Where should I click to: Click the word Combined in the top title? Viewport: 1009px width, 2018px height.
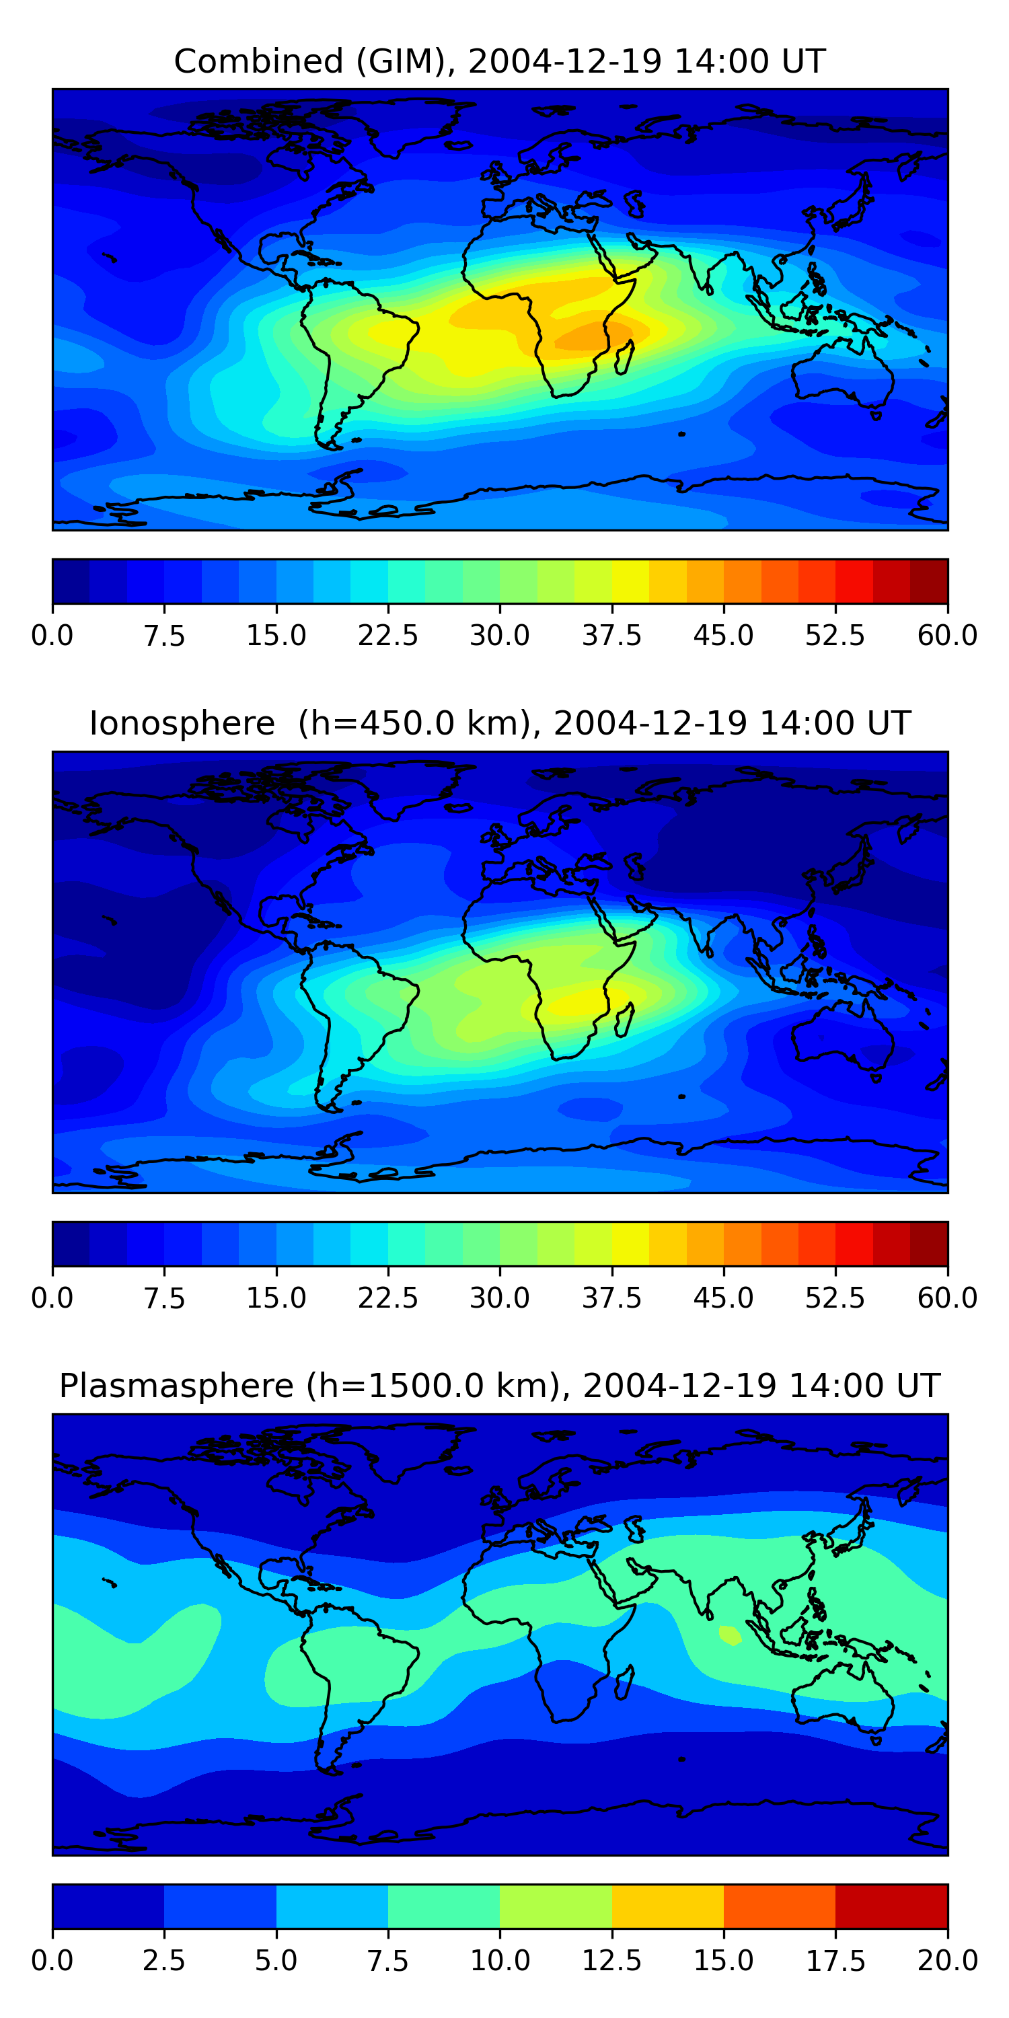258,61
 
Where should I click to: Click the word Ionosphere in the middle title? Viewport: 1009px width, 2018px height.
182,723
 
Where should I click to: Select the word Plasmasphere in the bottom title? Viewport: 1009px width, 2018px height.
176,1386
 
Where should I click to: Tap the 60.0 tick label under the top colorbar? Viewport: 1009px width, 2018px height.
947,635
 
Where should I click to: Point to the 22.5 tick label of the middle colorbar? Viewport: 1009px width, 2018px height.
387,1298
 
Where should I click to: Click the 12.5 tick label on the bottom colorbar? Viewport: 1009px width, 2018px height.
611,1961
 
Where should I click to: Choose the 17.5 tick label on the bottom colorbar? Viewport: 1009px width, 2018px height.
835,1961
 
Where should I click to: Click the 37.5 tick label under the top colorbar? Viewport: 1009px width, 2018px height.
611,635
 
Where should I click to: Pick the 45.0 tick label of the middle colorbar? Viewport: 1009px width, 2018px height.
723,1298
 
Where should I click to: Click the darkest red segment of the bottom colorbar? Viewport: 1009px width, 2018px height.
891,1906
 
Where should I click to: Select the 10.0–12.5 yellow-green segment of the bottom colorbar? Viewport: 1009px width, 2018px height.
556,1906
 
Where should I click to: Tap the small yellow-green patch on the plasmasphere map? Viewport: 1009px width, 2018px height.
730,1636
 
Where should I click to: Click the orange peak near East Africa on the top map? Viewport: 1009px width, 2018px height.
591,335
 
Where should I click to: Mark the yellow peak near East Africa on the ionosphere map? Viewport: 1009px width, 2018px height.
580,1003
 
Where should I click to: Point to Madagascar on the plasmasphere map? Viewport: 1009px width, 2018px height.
624,1684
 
